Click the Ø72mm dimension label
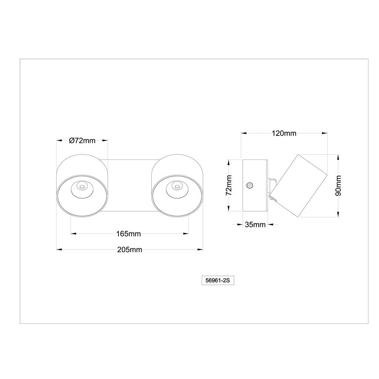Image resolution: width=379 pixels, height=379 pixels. [82, 140]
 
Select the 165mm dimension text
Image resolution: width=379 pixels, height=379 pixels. [128, 234]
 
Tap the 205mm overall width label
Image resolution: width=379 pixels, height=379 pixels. [130, 249]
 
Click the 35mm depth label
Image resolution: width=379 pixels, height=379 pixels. [255, 225]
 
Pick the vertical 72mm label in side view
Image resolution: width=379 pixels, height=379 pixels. [229, 185]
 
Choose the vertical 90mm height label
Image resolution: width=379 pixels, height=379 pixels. [338, 185]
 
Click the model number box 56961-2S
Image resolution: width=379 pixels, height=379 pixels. [218, 281]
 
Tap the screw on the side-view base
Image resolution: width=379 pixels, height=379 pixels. [250, 185]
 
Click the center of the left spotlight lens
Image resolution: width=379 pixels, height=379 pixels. [82, 187]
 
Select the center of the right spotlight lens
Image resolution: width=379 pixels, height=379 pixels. [177, 187]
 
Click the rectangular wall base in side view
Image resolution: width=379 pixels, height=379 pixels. [255, 185]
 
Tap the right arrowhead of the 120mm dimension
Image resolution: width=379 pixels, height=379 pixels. [325, 133]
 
